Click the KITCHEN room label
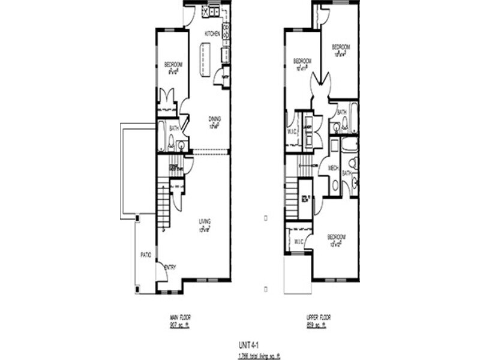coord(212,34)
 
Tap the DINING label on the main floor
coord(214,118)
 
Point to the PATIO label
coord(145,255)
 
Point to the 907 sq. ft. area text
coord(180,325)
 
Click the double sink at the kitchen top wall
coord(212,11)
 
